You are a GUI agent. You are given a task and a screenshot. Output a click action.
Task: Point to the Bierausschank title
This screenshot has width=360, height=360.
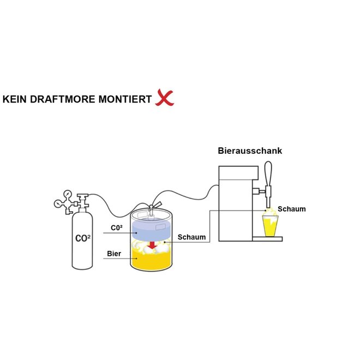(x=250, y=151)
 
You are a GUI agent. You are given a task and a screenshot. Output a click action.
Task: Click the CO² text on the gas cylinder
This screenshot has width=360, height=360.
(x=83, y=238)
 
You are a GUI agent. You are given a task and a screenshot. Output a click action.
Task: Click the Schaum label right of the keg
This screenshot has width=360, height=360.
(x=192, y=237)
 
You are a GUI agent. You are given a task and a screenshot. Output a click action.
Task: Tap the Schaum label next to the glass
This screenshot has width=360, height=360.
(x=291, y=209)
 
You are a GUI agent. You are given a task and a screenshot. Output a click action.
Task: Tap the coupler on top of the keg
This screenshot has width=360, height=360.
(x=154, y=206)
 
